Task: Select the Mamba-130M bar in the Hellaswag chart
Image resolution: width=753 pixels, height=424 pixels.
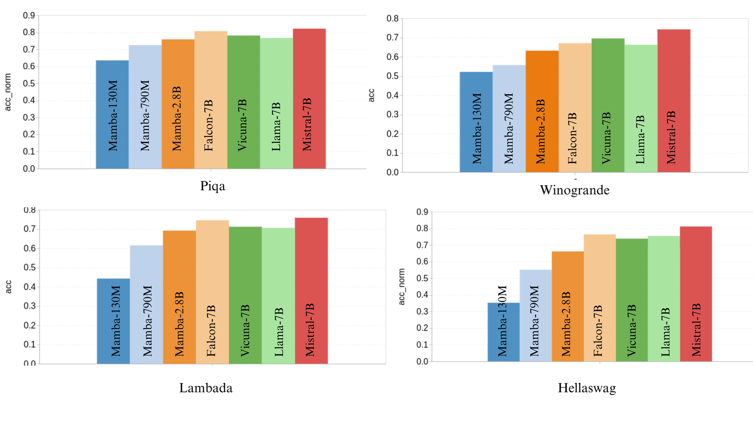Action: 504,332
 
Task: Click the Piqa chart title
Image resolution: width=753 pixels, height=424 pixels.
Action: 213,186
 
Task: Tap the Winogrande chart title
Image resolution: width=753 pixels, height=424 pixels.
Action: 574,190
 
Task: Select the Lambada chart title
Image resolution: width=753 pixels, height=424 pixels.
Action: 206,388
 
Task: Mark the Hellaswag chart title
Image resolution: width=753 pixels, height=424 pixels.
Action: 587,388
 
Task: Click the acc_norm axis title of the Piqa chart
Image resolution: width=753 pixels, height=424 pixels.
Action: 8,92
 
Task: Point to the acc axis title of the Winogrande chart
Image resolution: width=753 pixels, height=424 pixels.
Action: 372,95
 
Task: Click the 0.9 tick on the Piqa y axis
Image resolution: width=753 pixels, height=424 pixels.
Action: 29,16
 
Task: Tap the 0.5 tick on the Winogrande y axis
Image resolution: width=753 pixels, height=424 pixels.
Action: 393,76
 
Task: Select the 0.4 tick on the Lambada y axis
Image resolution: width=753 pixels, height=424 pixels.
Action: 30,287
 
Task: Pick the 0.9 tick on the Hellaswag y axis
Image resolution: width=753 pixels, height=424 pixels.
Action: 422,212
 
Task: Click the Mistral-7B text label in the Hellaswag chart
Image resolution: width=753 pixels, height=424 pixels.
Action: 696,330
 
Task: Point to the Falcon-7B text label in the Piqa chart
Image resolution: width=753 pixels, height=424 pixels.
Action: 209,125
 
